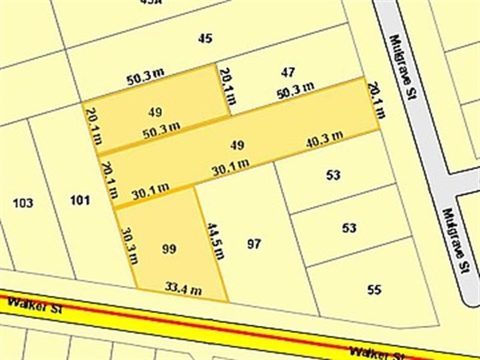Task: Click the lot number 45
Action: coord(205,38)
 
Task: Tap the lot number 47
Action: coord(288,73)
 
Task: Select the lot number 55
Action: coord(374,290)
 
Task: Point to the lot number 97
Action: coord(254,244)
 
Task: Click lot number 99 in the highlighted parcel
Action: coord(169,248)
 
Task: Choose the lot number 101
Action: coord(80,200)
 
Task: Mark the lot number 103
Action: coord(23,203)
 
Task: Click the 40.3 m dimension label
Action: coord(325,139)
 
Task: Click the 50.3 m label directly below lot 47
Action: coord(295,91)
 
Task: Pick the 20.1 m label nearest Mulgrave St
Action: coord(374,100)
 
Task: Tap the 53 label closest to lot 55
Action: coord(349,228)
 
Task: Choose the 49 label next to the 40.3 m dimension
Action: coord(237,145)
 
